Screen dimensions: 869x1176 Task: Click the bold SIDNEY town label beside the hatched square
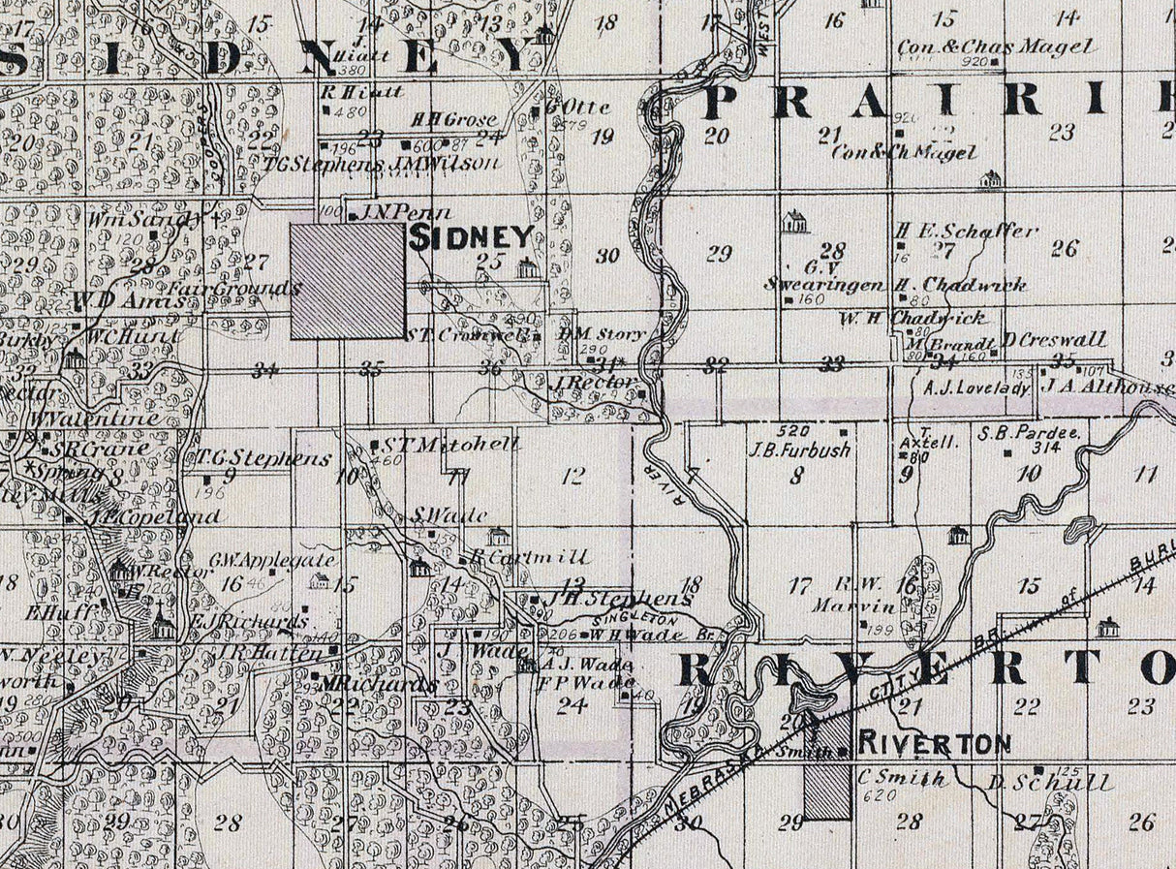pyautogui.click(x=472, y=237)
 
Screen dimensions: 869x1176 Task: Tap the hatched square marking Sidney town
pyautogui.click(x=348, y=281)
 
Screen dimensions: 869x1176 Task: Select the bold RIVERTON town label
pyautogui.click(x=935, y=744)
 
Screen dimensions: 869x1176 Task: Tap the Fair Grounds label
pyautogui.click(x=235, y=289)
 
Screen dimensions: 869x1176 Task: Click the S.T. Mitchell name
pyautogui.click(x=451, y=445)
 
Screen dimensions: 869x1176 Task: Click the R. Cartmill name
pyautogui.click(x=529, y=557)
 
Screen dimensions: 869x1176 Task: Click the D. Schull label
pyautogui.click(x=1050, y=783)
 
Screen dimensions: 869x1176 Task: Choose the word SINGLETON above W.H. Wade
pyautogui.click(x=634, y=618)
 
